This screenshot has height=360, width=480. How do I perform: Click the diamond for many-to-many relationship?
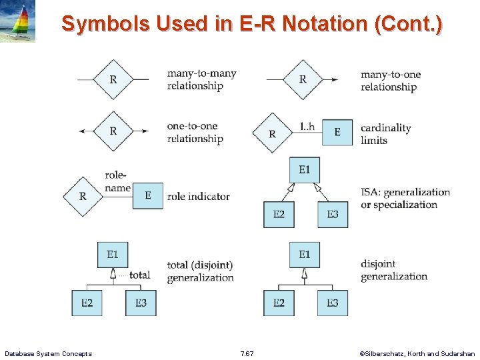113,79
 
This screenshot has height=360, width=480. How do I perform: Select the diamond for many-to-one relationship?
303,79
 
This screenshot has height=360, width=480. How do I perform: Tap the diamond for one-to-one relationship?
113,131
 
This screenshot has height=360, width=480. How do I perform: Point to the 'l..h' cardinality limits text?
307,126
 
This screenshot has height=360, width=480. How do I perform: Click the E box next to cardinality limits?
337,133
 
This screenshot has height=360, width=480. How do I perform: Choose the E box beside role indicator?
147,195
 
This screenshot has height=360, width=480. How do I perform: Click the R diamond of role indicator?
83,196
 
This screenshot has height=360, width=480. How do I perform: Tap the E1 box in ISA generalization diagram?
305,170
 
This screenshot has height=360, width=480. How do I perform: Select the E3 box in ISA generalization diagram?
332,214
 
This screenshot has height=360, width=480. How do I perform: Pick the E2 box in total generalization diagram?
87,303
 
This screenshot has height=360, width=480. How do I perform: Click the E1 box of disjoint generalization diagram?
305,255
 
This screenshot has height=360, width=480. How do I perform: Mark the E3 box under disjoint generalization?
332,303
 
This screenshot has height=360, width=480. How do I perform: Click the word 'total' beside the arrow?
139,275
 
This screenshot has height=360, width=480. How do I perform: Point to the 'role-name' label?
117,182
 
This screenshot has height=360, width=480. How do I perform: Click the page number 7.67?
247,353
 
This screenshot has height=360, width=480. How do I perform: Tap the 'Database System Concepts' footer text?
48,353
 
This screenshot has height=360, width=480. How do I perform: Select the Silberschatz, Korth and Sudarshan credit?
417,353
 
